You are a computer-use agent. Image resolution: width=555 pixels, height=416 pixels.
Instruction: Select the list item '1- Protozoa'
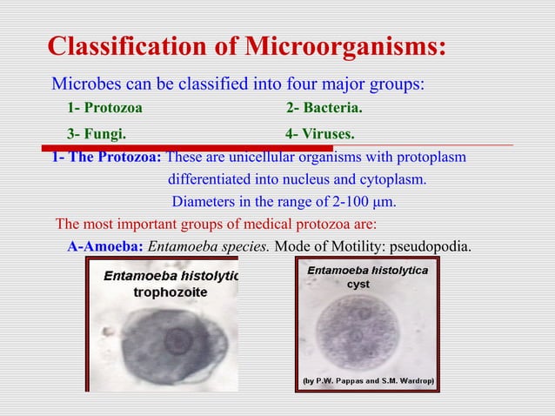click(105, 109)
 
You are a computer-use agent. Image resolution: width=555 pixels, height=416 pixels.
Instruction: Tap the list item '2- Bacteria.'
click(324, 109)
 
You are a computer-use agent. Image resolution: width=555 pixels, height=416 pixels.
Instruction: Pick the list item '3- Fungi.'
click(96, 134)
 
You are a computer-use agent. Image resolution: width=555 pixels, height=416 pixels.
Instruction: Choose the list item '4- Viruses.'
click(320, 134)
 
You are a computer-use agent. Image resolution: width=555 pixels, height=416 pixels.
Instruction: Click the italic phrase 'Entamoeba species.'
click(209, 245)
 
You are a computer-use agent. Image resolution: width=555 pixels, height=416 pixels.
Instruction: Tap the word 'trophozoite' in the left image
click(170, 293)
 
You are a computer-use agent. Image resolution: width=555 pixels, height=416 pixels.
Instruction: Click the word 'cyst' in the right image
click(358, 285)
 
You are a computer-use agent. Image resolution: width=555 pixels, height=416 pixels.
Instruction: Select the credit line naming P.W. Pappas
click(368, 381)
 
